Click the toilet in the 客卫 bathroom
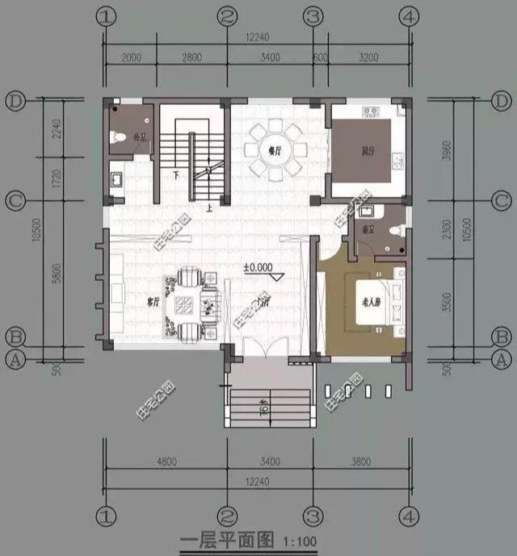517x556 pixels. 394,231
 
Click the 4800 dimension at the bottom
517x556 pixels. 165,462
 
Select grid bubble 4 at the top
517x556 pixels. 410,16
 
